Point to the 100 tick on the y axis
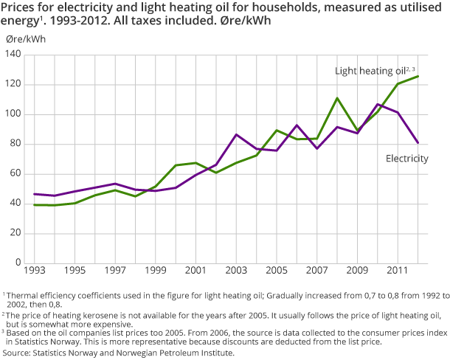coord(12,114)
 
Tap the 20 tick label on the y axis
coord(14,233)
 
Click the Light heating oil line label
coord(370,71)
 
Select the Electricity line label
coord(407,158)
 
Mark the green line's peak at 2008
coord(337,98)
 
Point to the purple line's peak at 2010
coord(378,104)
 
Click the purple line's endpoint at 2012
coord(418,143)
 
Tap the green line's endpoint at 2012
coord(418,76)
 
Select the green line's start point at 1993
coord(34,205)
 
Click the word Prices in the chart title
coord(21,7)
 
